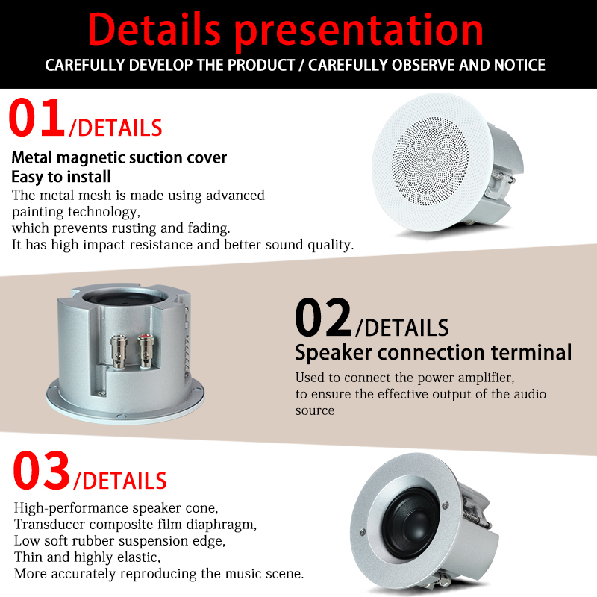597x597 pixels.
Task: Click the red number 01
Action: (37, 117)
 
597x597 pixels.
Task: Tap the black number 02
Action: (323, 317)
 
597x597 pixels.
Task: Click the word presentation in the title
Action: (359, 31)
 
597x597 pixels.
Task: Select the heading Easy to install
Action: (61, 177)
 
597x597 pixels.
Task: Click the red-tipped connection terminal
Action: (146, 351)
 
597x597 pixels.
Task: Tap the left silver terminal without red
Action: (119, 351)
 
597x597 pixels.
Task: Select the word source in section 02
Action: (315, 410)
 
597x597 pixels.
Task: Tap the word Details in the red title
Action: (154, 29)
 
